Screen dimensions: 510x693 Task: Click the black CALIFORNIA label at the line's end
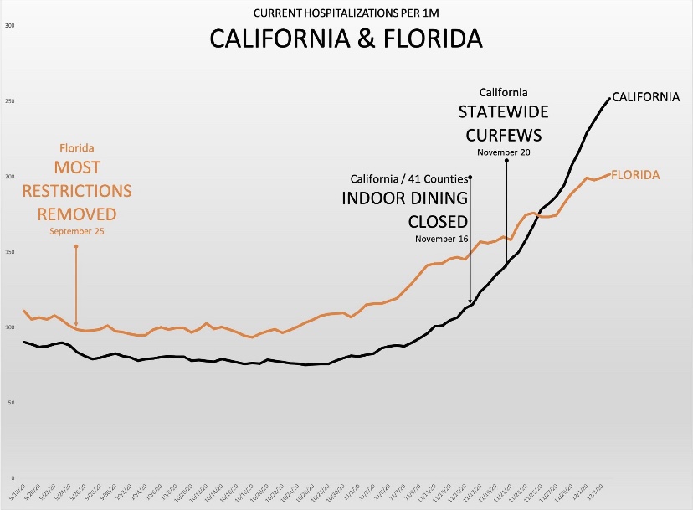tap(646, 97)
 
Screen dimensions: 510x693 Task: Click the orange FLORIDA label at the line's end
tap(635, 175)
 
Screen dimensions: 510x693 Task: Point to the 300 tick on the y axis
tap(9, 26)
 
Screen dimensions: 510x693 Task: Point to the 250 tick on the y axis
tap(9, 101)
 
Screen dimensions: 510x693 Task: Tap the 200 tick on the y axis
tap(9, 177)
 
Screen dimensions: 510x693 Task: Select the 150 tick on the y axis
tap(9, 252)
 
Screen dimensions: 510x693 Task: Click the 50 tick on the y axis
tap(11, 403)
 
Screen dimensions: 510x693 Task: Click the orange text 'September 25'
tap(76, 231)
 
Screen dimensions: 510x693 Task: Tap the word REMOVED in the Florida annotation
tap(76, 212)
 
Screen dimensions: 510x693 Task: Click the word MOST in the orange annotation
tap(76, 167)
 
